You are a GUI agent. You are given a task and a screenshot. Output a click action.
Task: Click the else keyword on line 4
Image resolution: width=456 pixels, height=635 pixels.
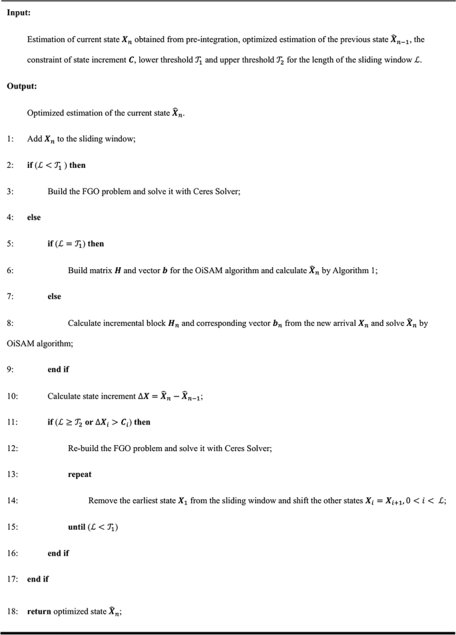(35, 217)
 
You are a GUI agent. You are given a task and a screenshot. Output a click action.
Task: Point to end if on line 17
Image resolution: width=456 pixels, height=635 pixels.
(39, 579)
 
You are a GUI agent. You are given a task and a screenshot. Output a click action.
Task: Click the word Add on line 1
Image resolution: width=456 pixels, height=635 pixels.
(35, 139)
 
